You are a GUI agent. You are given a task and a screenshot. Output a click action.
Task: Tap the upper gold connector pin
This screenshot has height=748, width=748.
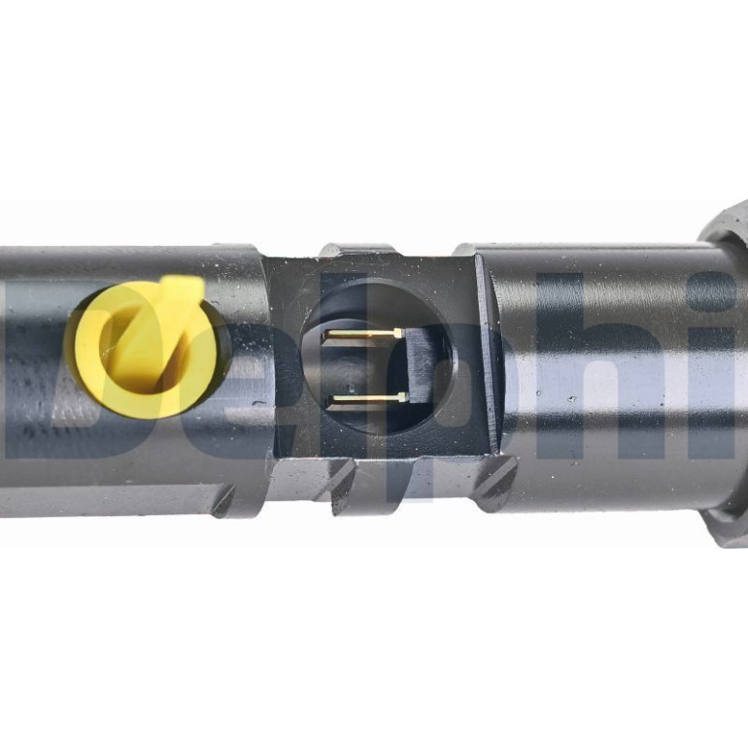point(362,334)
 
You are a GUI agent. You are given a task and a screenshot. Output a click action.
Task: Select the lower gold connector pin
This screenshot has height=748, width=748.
point(368,398)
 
